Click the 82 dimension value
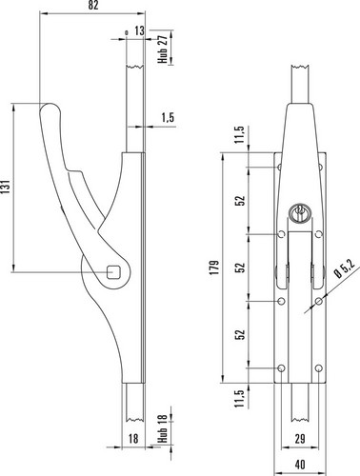pyautogui.click(x=92, y=6)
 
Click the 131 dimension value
pyautogui.click(x=7, y=187)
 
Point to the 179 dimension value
pyautogui.click(x=214, y=268)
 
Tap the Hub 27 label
pyautogui.click(x=163, y=49)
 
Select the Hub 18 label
pyautogui.click(x=163, y=428)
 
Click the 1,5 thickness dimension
pyautogui.click(x=168, y=117)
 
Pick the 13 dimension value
pyautogui.click(x=139, y=31)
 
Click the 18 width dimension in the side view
pyautogui.click(x=133, y=439)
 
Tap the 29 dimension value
pyautogui.click(x=300, y=439)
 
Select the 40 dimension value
pyautogui.click(x=300, y=465)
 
